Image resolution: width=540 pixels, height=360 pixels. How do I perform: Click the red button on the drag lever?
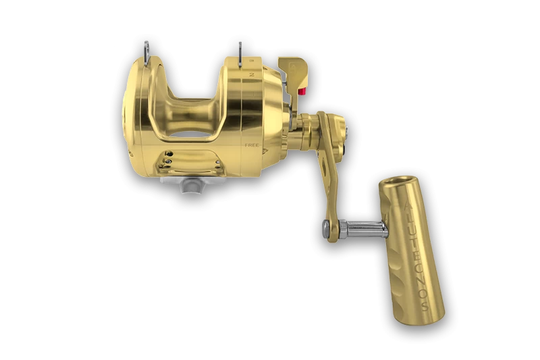tap(302, 92)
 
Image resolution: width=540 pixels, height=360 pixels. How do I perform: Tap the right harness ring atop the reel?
tap(240, 51)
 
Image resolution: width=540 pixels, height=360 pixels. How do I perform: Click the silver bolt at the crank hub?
tap(344, 126)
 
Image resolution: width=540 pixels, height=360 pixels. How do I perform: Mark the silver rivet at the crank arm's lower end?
tap(327, 228)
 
